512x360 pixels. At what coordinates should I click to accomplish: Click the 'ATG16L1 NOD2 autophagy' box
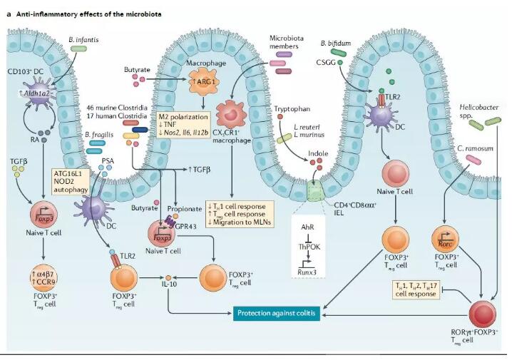70,182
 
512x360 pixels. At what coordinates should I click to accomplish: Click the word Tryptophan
290,109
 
